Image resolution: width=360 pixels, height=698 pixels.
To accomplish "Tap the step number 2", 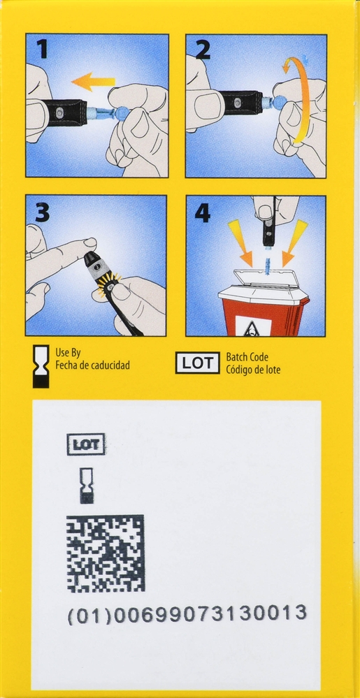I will click(x=202, y=50).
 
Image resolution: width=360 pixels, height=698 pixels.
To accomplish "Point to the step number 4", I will click(x=203, y=212).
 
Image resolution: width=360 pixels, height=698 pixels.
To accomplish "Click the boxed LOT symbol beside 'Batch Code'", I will click(x=198, y=363).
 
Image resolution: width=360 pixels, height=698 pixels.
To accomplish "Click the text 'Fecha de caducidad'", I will click(x=92, y=365).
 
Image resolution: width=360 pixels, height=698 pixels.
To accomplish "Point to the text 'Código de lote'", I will click(x=253, y=370).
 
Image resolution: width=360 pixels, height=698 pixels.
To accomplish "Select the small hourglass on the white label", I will click(x=86, y=486).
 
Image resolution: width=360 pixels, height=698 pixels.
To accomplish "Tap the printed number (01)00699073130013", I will click(x=187, y=615).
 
